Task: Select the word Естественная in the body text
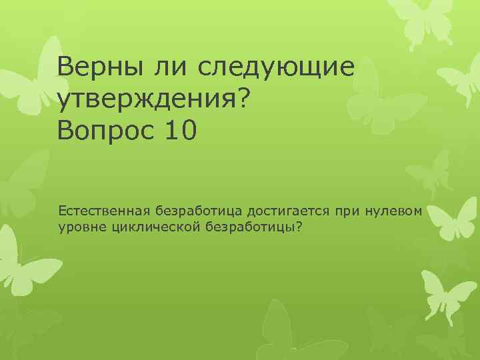tap(105, 211)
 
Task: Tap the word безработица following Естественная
tap(201, 211)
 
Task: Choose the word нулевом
tap(394, 211)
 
